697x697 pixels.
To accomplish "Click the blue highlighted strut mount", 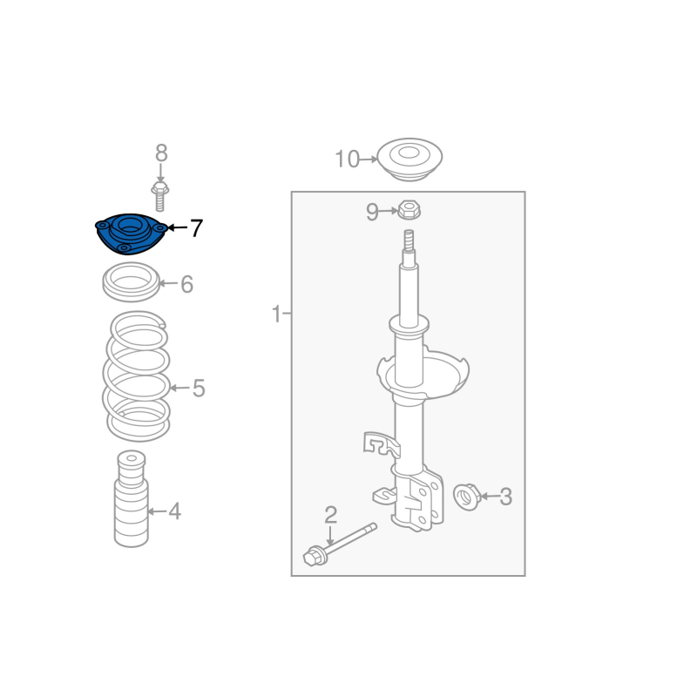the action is point(131,234).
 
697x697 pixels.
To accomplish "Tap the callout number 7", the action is point(197,228).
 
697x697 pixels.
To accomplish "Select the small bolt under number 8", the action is point(160,196).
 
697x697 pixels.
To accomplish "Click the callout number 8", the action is point(161,153).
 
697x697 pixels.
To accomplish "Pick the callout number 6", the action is point(187,284).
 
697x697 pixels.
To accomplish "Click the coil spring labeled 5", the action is point(136,376).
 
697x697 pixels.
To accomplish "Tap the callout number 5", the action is point(199,388).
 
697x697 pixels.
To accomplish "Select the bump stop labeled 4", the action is point(132,498).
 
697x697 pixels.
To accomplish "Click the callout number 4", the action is point(175,511).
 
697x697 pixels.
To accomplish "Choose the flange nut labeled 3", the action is point(466,496).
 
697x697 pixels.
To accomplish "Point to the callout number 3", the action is point(506,497).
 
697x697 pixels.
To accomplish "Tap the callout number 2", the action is point(331,515).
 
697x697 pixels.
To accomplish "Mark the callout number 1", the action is point(276,314).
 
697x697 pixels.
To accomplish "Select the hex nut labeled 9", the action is point(409,210).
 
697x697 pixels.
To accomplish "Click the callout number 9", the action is point(372,212).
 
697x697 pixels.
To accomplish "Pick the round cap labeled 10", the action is point(409,159).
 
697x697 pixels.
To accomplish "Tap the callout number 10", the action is point(347,159).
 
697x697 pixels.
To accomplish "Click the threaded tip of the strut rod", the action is point(409,240).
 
